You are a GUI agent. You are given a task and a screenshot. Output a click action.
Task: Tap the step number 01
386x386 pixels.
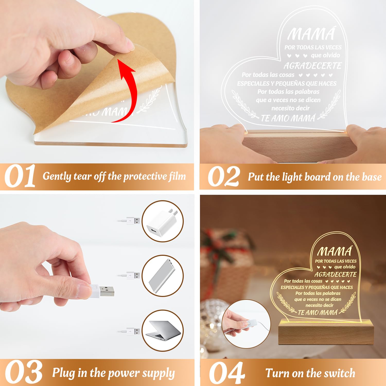pyautogui.click(x=20, y=177)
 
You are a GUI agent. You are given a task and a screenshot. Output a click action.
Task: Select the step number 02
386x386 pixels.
pyautogui.click(x=223, y=177)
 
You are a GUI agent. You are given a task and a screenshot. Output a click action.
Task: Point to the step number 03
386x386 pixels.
pyautogui.click(x=24, y=372)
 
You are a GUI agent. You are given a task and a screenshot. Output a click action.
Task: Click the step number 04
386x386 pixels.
pyautogui.click(x=226, y=373)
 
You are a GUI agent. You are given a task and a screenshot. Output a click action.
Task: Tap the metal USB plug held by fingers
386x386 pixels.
pyautogui.click(x=107, y=291)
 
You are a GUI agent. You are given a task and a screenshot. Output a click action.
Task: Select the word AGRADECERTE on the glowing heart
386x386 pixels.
pyautogui.click(x=335, y=274)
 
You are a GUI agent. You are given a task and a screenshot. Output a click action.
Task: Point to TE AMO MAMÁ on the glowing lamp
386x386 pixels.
pyautogui.click(x=318, y=312)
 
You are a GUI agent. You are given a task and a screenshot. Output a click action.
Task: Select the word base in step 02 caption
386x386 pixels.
pyautogui.click(x=372, y=177)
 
